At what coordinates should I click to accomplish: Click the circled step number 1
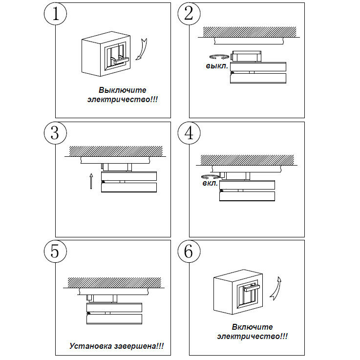[55, 14]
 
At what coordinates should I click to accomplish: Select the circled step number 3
[55, 133]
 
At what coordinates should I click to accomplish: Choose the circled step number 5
[55, 252]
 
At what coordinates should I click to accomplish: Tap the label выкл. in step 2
[216, 65]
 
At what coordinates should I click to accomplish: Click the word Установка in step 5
[90, 346]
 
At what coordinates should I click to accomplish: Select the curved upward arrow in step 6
[276, 288]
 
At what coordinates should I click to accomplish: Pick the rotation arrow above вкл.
[210, 176]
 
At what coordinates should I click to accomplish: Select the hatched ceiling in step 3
[115, 150]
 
